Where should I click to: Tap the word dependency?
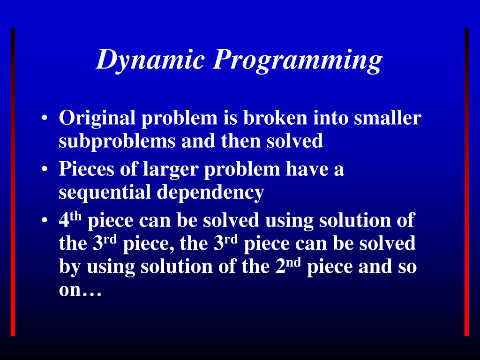(x=210, y=193)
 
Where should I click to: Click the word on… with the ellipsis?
(x=80, y=291)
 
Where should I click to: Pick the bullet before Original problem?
(x=44, y=119)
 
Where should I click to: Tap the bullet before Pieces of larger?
(x=44, y=170)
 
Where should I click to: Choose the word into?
(x=330, y=118)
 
